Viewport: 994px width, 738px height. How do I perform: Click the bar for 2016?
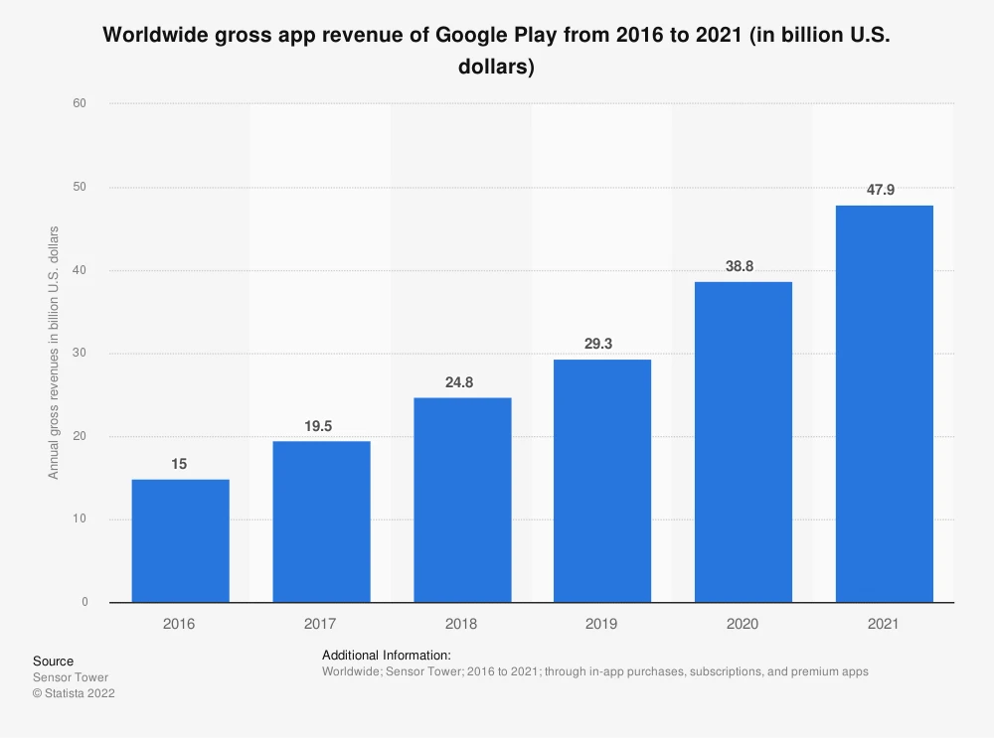[x=180, y=540]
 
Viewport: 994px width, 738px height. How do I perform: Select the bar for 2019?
[x=602, y=481]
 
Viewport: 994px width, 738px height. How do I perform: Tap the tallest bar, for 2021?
[x=884, y=403]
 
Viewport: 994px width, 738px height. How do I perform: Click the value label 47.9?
[x=884, y=189]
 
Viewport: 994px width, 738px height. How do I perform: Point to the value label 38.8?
[x=743, y=265]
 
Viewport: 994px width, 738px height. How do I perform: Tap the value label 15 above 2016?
[x=180, y=463]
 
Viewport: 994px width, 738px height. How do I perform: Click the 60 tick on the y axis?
[x=81, y=103]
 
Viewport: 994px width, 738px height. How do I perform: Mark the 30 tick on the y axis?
[x=81, y=354]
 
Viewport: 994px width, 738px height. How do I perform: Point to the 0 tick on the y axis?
[x=84, y=602]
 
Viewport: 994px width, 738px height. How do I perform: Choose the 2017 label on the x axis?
[x=321, y=624]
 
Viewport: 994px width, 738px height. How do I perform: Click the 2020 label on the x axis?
[x=743, y=624]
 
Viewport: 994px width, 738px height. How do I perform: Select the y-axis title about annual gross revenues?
[x=54, y=353]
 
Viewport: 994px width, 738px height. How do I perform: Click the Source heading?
[x=53, y=662]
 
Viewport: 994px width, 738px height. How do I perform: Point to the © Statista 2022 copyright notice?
[x=74, y=694]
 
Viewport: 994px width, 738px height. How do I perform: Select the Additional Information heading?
[x=387, y=656]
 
